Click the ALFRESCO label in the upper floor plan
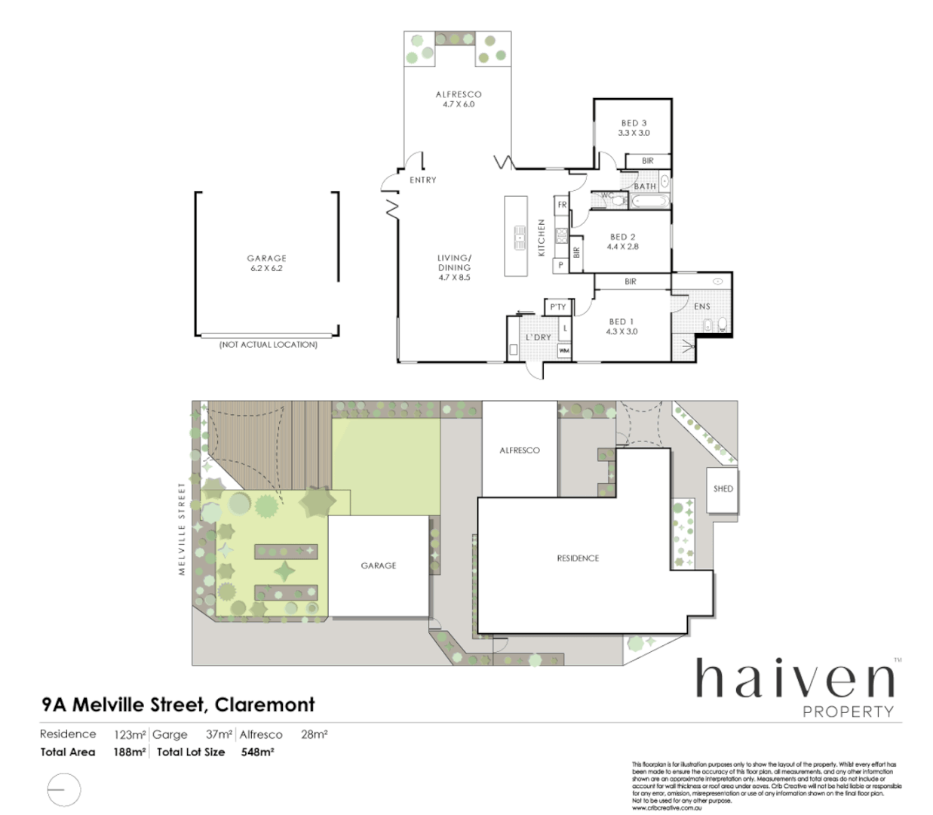[x=458, y=94]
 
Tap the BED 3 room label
[x=634, y=123]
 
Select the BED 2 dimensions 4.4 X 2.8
[x=622, y=247]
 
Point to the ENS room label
[x=701, y=306]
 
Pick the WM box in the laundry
[x=564, y=351]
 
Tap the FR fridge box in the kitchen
[x=562, y=205]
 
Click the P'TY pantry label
[x=557, y=307]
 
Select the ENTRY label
[x=422, y=180]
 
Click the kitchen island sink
[x=520, y=236]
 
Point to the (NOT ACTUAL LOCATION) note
[x=268, y=345]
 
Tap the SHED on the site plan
[x=723, y=489]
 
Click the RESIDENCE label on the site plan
[x=578, y=558]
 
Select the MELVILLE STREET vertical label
[x=182, y=529]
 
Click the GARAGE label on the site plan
[x=378, y=565]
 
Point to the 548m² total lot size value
[x=257, y=752]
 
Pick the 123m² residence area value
[x=130, y=734]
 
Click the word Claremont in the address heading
[x=265, y=705]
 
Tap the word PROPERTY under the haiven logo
[x=848, y=712]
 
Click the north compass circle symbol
[x=63, y=790]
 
